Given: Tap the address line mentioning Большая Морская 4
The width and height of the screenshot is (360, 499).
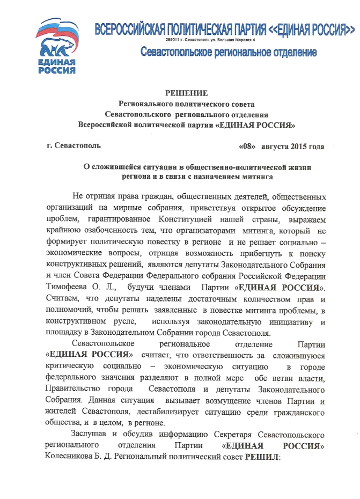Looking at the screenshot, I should [209, 40].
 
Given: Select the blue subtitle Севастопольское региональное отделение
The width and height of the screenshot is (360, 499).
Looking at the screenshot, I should [229, 52].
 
